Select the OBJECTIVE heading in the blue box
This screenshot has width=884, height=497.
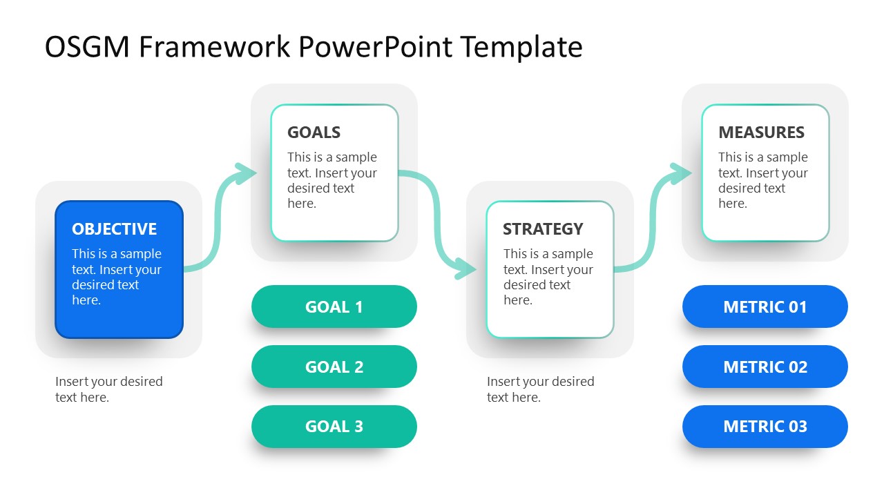coord(115,229)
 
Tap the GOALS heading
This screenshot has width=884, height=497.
coord(314,133)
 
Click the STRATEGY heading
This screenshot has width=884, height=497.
coord(543,229)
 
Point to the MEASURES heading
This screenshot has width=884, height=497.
coord(761,133)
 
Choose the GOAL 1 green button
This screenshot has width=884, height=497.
coord(334,307)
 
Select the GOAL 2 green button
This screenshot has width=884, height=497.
coord(334,367)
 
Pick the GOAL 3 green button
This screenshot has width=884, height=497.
coord(334,427)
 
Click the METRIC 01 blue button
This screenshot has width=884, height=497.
coord(765,307)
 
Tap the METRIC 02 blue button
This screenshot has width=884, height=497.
coord(765,367)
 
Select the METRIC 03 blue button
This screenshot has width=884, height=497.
coord(765,427)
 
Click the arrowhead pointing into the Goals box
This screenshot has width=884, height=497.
coord(245,173)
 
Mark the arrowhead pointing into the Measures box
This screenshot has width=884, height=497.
coord(680,173)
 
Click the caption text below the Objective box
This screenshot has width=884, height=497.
coord(109,389)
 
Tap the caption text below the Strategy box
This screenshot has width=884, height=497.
coord(540,389)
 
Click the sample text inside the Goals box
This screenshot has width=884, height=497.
coord(332,180)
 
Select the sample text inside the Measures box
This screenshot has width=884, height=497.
coord(762,180)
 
